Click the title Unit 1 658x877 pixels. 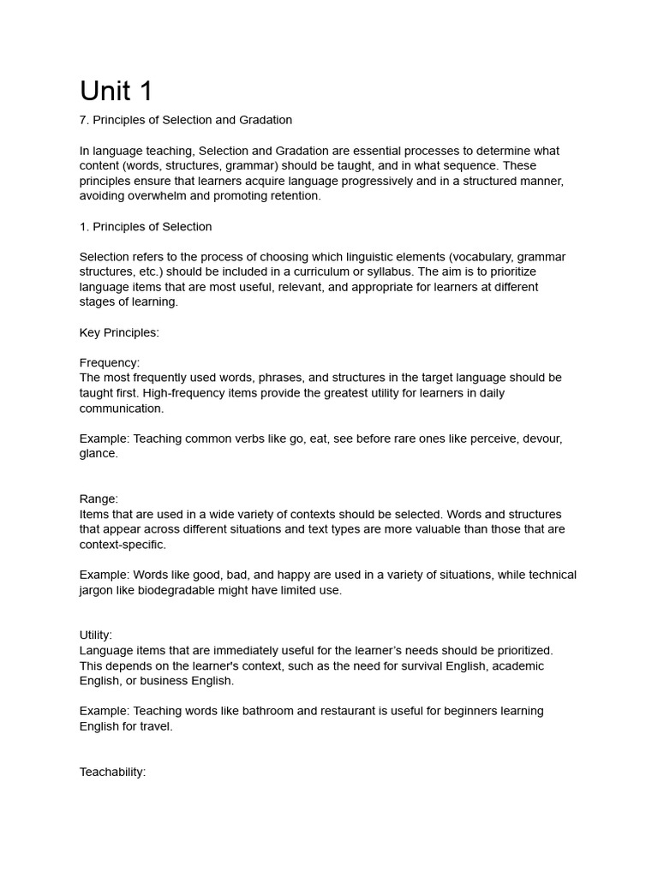pos(116,91)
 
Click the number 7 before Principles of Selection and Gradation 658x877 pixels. pos(83,120)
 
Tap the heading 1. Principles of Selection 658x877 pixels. pos(146,227)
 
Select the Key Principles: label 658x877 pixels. pos(119,332)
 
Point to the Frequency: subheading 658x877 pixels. pos(110,362)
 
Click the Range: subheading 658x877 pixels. pos(99,498)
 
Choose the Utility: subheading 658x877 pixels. pos(96,635)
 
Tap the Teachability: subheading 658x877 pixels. pos(112,772)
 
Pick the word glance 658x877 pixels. pos(99,453)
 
